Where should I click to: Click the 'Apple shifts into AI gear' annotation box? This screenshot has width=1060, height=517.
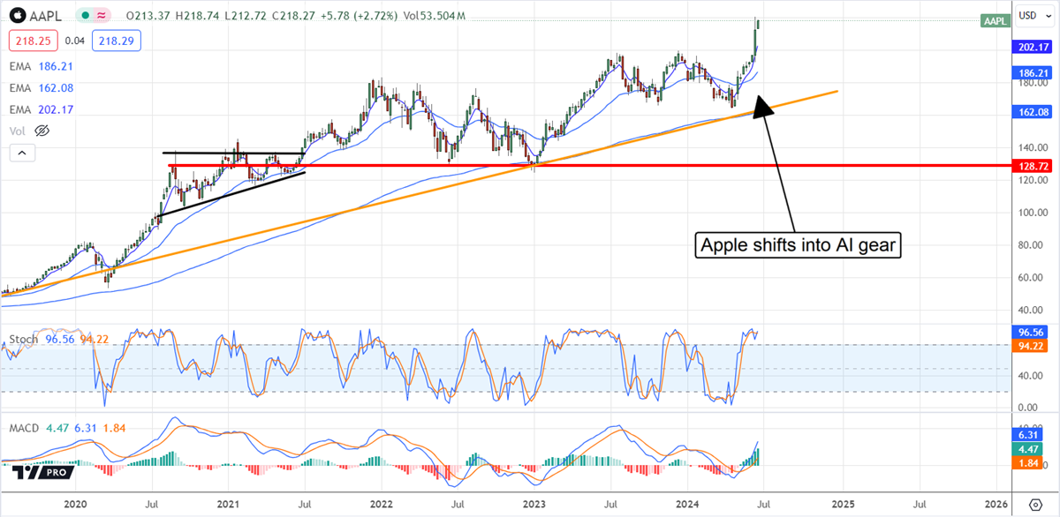(x=799, y=245)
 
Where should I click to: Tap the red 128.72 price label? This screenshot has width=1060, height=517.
(x=1033, y=165)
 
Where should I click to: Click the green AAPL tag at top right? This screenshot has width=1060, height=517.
(x=995, y=21)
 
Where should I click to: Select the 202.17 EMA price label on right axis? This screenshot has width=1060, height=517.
(x=1033, y=47)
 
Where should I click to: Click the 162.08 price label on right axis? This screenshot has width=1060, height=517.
(x=1033, y=112)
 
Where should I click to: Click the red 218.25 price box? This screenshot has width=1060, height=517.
(x=31, y=41)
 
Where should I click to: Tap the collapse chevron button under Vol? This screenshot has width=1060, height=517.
(x=23, y=154)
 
